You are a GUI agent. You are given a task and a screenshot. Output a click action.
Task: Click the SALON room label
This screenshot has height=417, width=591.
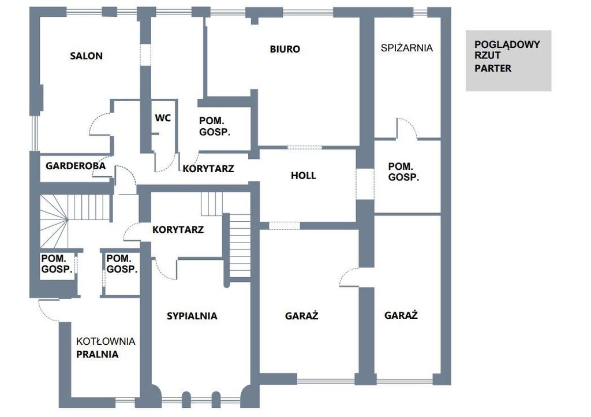[87, 56]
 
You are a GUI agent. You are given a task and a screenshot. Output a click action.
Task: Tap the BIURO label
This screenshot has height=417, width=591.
[285, 49]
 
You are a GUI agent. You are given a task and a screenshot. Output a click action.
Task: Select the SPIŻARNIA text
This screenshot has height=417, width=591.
[407, 48]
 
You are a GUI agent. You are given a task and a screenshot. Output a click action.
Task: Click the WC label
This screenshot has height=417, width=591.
[163, 118]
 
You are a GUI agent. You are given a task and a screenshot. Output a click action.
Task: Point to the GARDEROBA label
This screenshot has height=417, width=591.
[76, 166]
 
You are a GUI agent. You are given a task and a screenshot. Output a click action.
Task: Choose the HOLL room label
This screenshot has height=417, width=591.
[304, 176]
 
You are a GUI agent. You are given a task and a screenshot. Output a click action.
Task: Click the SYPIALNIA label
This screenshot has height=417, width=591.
[192, 316]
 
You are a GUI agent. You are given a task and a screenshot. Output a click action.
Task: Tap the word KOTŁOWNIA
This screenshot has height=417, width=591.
[106, 341]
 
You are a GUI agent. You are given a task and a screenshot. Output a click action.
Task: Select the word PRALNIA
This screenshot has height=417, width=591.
[97, 355]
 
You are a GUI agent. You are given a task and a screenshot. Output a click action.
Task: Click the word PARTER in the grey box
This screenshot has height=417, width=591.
[493, 68]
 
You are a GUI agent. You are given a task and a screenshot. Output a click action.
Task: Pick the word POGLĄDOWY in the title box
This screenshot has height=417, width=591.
[507, 44]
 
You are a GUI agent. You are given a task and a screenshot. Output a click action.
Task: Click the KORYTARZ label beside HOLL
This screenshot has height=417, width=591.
[208, 169]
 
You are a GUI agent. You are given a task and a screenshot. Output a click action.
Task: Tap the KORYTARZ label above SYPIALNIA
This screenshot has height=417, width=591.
[178, 230]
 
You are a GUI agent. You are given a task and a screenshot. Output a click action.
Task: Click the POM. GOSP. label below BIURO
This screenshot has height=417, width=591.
[215, 126]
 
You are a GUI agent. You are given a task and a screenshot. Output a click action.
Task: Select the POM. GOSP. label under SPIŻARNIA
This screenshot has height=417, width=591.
[403, 172]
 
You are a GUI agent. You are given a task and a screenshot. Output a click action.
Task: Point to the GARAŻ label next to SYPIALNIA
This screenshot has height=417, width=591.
[301, 316]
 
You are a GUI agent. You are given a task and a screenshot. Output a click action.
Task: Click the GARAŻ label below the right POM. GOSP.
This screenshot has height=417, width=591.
[401, 315]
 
